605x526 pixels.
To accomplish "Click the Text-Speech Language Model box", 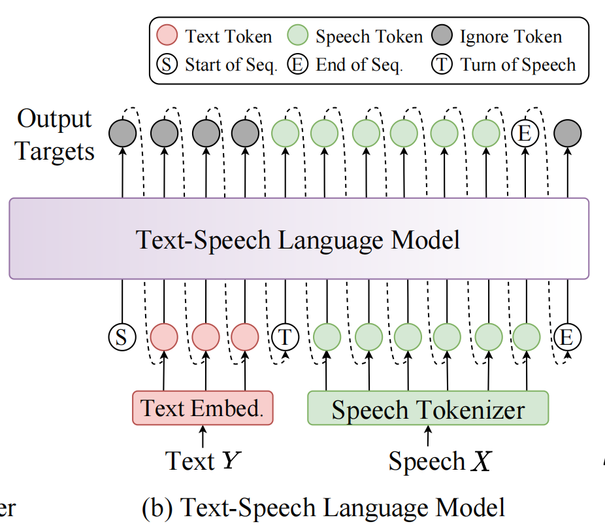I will tap(299, 239).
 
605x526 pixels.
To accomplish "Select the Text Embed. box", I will tap(203, 408).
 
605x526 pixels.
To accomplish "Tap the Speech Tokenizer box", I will tap(428, 409).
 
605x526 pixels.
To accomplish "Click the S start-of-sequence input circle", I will tap(122, 338).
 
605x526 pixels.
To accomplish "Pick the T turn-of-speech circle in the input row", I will tap(285, 338).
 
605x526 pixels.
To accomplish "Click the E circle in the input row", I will tap(566, 338).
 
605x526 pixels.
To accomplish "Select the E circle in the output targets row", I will tap(524, 133).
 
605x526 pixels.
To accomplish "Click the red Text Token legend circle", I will tap(167, 36).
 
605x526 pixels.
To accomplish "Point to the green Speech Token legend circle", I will tap(299, 36).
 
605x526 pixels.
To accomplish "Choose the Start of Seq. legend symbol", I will tap(168, 65).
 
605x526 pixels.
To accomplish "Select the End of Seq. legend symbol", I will tap(299, 65).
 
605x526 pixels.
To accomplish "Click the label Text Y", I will tap(201, 461).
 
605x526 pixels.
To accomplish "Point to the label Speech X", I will tap(439, 461).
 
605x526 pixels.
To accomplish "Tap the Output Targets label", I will tap(55, 135).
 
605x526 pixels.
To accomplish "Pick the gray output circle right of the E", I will tap(566, 133).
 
